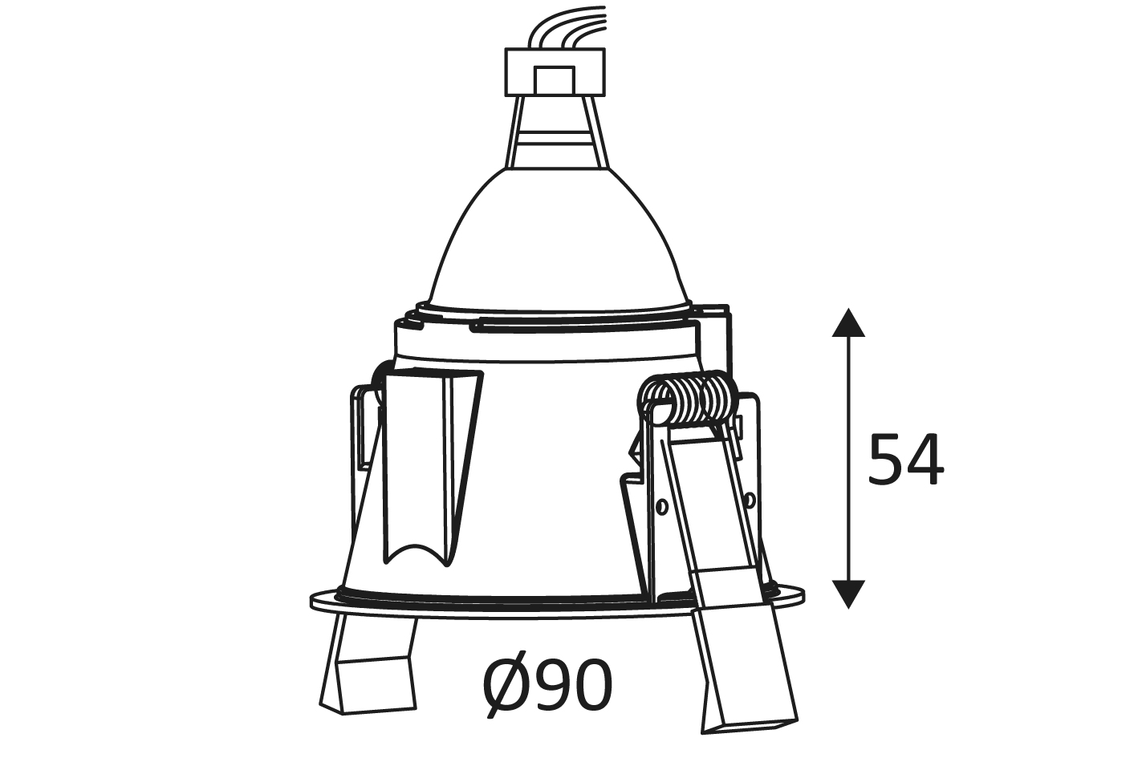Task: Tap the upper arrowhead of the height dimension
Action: (848, 323)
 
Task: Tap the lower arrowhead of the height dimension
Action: (848, 594)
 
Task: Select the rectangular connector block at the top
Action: (555, 72)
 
